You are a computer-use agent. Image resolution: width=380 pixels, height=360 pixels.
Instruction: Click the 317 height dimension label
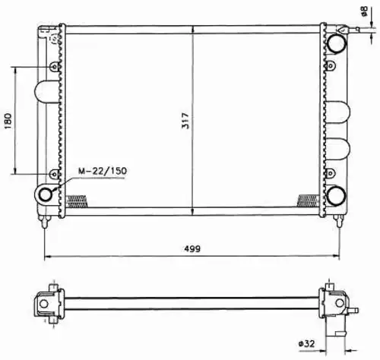(x=185, y=121)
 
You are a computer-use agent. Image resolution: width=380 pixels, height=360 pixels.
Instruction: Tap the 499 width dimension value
(x=192, y=248)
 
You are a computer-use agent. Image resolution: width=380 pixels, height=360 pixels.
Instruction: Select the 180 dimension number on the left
(x=8, y=121)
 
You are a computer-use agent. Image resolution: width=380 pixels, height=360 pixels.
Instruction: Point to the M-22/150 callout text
(x=103, y=171)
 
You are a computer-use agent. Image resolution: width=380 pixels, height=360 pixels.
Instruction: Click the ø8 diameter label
(x=365, y=11)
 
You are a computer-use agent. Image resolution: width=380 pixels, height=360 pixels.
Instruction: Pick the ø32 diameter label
(x=307, y=343)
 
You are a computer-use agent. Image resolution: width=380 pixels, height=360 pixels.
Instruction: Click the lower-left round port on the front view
(x=46, y=194)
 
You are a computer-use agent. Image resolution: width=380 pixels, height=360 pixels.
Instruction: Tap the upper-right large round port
(x=337, y=43)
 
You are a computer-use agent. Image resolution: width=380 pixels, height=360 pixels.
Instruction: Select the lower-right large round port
(x=337, y=195)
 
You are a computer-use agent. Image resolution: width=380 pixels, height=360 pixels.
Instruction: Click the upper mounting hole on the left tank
(x=54, y=67)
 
